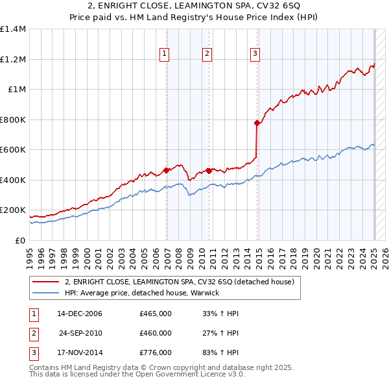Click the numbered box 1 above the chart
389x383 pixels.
coord(165,54)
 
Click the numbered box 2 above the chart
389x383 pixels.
coord(207,54)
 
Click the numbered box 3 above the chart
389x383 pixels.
coord(255,54)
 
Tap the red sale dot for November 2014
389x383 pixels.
coord(257,123)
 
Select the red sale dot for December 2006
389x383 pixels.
coord(167,170)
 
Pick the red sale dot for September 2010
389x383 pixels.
coord(209,171)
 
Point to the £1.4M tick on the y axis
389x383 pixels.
coord(13,29)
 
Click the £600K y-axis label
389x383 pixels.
coord(13,150)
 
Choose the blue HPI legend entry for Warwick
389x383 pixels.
coord(142,293)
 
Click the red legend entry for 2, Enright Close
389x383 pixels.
coord(179,282)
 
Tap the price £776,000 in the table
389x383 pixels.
coord(156,353)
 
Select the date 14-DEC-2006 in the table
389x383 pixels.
coord(80,314)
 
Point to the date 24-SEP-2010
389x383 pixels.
coord(80,333)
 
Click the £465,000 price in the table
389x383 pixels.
coord(156,314)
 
